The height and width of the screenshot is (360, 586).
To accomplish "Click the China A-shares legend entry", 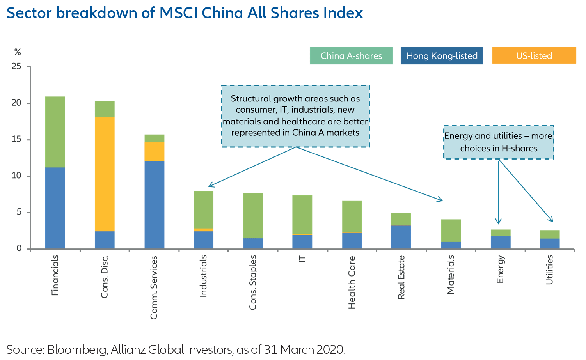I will click(x=351, y=56).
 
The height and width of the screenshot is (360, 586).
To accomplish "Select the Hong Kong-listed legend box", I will click(x=442, y=56).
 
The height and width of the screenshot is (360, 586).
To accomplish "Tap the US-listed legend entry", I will click(x=534, y=56).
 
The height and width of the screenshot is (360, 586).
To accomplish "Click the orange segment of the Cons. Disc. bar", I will click(x=105, y=174).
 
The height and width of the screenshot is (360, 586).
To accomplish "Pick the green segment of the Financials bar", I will click(x=55, y=132).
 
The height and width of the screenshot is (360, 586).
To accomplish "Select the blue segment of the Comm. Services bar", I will click(x=154, y=205).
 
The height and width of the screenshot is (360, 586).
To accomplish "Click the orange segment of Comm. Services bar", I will click(x=154, y=151).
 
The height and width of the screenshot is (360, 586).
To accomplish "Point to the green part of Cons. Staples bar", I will click(x=253, y=215).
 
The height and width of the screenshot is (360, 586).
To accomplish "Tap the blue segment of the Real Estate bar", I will click(x=401, y=237).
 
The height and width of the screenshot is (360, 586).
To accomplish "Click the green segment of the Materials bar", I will click(x=451, y=231).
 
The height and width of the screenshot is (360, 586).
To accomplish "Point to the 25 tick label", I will click(x=16, y=66).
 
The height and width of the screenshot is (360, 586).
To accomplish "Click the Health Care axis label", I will click(x=352, y=282).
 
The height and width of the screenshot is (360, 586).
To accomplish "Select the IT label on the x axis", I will click(x=302, y=259).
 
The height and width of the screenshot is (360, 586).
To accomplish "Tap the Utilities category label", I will click(x=550, y=270).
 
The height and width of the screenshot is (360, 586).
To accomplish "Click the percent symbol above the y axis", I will click(x=18, y=52).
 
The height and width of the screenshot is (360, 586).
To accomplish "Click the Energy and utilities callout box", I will click(x=499, y=142).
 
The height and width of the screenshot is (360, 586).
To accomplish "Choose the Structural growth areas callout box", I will click(x=295, y=116).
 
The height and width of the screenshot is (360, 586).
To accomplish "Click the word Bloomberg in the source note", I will click(x=76, y=349).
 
